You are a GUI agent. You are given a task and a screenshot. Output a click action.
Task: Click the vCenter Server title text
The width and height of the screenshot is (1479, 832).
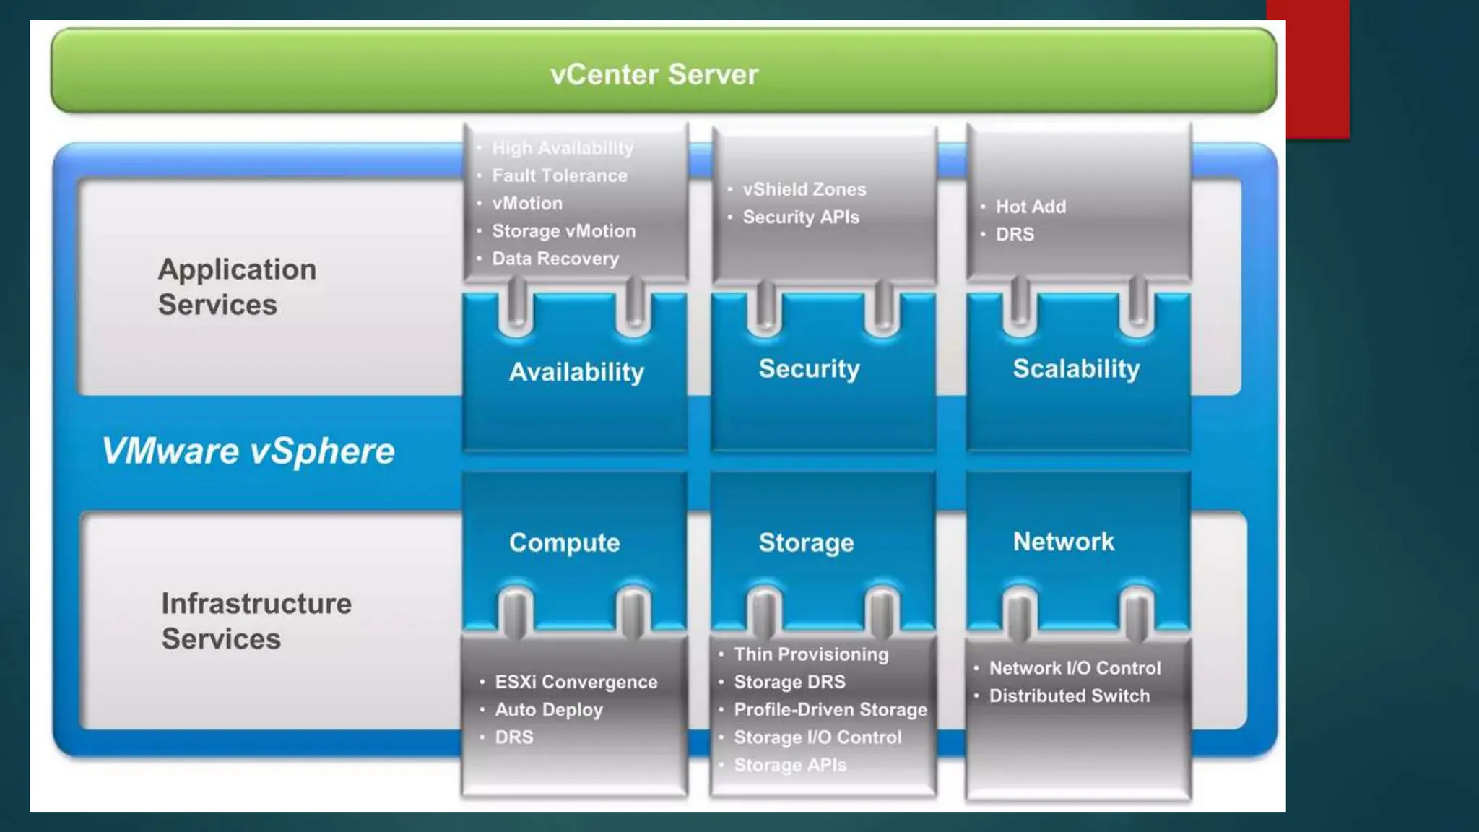click(654, 74)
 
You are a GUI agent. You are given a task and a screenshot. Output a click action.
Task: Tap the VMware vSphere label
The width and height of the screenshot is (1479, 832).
click(248, 451)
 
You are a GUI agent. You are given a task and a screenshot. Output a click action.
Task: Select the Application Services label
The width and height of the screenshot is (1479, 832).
click(237, 287)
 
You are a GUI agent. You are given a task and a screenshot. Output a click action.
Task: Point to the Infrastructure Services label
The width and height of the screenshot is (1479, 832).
click(256, 621)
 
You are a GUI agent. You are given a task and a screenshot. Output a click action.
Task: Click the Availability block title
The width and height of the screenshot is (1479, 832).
click(576, 372)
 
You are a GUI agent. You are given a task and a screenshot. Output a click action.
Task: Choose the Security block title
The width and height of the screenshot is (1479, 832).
click(809, 369)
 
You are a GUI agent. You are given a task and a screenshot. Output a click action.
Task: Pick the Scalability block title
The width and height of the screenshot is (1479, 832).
click(1076, 369)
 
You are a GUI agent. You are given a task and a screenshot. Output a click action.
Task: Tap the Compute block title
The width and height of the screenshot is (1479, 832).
click(564, 542)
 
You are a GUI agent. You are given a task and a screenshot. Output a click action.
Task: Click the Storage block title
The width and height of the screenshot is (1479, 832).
click(806, 542)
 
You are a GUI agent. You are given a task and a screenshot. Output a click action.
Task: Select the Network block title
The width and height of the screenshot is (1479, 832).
click(1063, 541)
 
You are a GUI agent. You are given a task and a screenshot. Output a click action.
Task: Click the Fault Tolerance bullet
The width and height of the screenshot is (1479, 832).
click(559, 175)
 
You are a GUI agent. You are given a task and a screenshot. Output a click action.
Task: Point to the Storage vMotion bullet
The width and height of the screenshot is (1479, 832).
click(563, 231)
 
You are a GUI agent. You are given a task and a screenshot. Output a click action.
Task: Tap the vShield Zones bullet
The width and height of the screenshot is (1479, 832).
click(804, 189)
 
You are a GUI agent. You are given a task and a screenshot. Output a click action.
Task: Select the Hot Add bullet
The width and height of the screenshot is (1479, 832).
click(1031, 207)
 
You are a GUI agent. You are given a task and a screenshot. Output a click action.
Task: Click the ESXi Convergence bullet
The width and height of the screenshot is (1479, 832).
click(576, 682)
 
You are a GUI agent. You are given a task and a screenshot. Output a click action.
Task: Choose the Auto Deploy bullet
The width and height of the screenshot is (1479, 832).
click(548, 709)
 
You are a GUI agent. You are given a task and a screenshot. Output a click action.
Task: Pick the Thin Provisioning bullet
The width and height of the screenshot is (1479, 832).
click(810, 654)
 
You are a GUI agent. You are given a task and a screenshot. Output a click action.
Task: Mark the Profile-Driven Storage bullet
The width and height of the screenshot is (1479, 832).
click(830, 709)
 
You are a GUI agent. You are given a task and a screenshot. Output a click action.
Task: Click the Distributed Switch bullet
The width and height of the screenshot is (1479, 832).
click(1069, 695)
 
